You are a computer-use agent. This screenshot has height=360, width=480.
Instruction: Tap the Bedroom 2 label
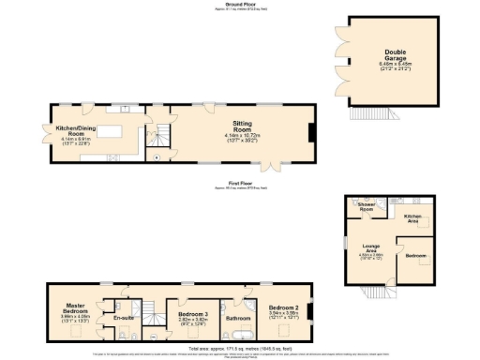coord(283,309)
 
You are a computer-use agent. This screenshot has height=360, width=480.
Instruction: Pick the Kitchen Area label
coord(412,217)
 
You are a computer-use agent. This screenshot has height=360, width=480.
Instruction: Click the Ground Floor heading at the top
coord(240,4)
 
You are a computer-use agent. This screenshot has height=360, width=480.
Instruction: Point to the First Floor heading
coord(240,184)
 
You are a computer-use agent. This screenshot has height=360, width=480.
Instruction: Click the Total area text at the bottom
coord(240,348)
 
